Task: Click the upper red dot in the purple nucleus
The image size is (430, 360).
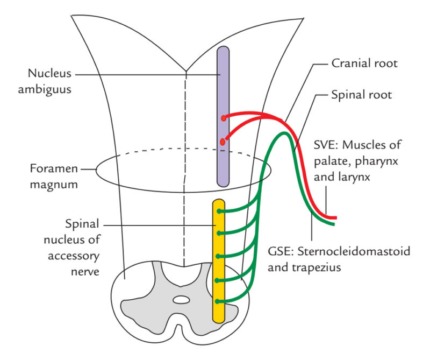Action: pos(223,117)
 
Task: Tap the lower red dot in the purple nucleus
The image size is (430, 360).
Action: pos(222,142)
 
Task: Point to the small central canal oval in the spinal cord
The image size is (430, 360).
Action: pos(182,299)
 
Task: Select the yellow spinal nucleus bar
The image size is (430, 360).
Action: pos(218,258)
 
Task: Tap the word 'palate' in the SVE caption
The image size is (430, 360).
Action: pos(327,160)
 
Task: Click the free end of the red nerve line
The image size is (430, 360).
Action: pos(335,217)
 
